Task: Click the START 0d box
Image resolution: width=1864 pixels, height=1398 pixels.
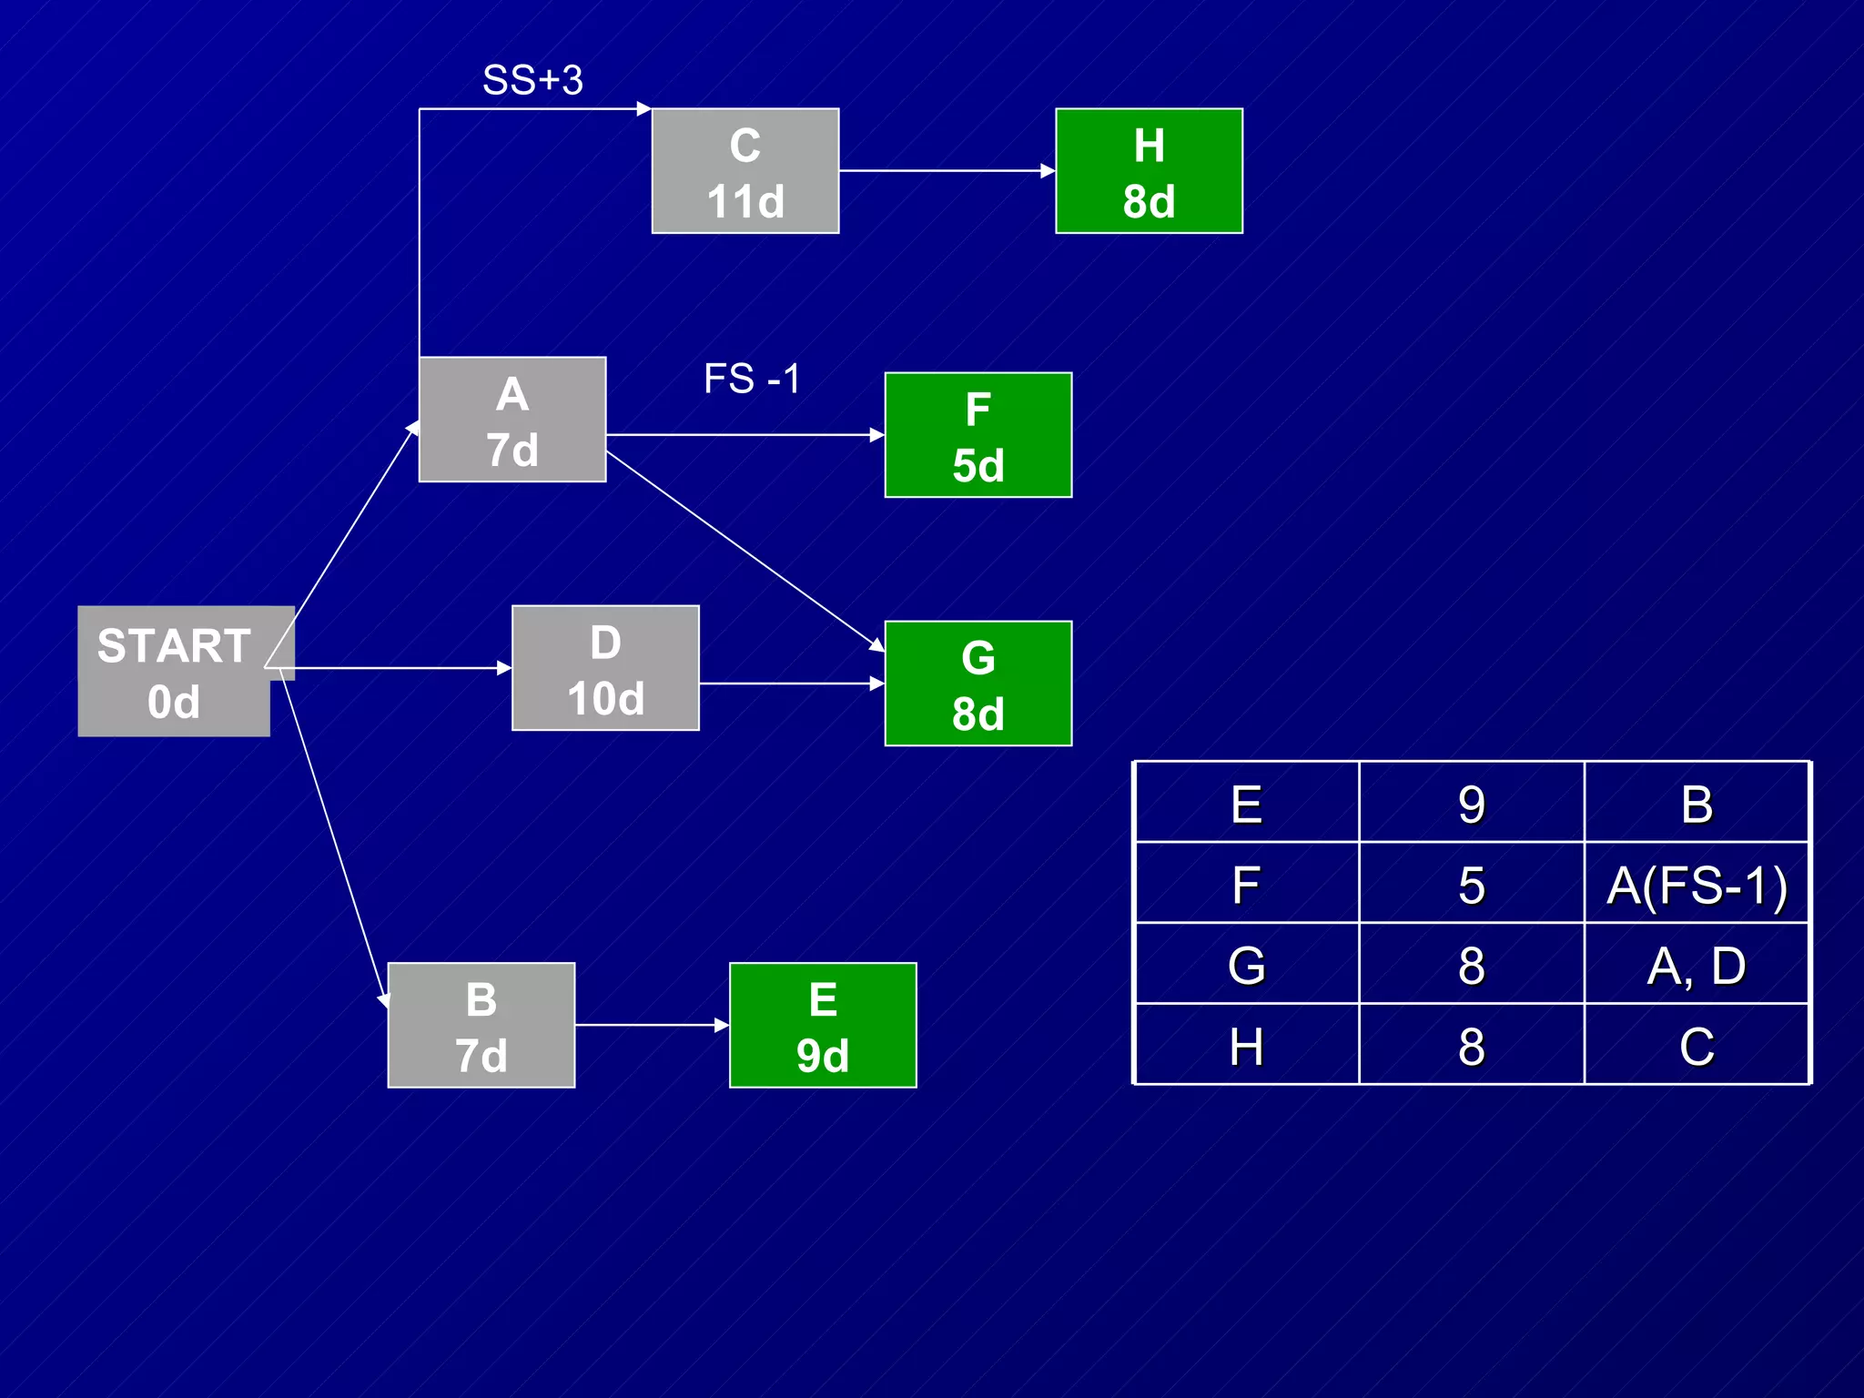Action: (x=173, y=672)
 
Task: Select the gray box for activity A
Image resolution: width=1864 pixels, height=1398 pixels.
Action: (x=512, y=420)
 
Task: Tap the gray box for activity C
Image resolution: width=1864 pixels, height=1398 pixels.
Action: (x=745, y=171)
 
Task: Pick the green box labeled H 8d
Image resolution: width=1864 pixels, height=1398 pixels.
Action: (x=1149, y=171)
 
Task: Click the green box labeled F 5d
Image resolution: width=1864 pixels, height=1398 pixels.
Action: (x=978, y=435)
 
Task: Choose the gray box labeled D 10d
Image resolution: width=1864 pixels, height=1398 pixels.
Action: (x=605, y=668)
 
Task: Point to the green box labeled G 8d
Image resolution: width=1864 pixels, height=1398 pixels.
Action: (x=978, y=684)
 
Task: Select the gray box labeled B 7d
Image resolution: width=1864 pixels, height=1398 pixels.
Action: (x=481, y=1025)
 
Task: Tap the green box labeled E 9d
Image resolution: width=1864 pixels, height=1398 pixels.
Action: (x=822, y=1025)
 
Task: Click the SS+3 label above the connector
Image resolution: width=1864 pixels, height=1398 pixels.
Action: (x=532, y=80)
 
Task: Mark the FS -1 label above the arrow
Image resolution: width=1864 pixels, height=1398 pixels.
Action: (x=752, y=379)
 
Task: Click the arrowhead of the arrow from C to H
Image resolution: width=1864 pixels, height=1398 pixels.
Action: (x=1048, y=170)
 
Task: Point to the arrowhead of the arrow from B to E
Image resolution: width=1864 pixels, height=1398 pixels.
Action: (x=723, y=1025)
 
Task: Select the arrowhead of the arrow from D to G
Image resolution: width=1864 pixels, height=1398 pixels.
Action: (x=877, y=684)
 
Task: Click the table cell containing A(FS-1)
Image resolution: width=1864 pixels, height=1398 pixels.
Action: (x=1697, y=884)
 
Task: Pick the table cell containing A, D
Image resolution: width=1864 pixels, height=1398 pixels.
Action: (x=1697, y=965)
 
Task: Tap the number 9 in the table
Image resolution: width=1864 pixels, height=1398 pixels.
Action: (x=1471, y=804)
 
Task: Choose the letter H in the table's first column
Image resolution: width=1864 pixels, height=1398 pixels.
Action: (x=1246, y=1046)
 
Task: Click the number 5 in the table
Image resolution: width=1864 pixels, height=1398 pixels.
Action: (x=1471, y=884)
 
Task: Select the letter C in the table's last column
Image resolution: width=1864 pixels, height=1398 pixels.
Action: (x=1697, y=1046)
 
